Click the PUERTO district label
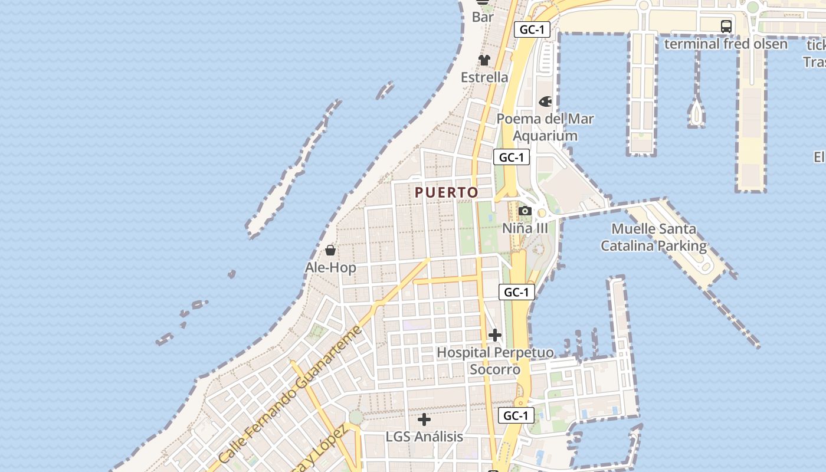point(446,192)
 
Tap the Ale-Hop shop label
point(330,267)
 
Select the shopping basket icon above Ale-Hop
point(330,250)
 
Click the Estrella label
point(484,77)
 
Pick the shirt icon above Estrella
point(484,60)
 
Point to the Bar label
point(483,17)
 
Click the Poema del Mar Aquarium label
point(545,127)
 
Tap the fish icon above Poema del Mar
point(545,101)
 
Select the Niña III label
point(525,228)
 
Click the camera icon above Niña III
point(525,211)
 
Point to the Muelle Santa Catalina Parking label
point(654,237)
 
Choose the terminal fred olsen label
point(726,44)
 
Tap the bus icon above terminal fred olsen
point(726,27)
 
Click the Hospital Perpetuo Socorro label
point(495,361)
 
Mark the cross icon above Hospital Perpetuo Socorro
point(495,335)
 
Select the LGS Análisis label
point(424,437)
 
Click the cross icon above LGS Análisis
point(424,419)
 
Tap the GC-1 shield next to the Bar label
point(532,29)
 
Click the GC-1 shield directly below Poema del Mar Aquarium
point(512,158)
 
